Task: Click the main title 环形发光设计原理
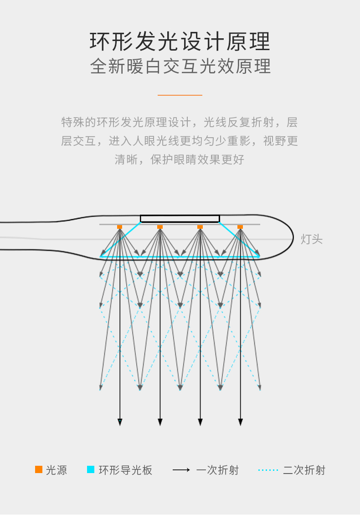(180, 42)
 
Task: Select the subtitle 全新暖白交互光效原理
(180, 67)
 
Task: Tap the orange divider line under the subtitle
(180, 95)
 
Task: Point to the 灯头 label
(312, 239)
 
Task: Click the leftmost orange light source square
(120, 227)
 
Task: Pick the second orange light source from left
(160, 227)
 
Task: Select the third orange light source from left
(200, 227)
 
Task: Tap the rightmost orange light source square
(240, 227)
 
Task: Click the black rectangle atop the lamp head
(180, 219)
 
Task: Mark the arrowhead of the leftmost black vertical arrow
(120, 422)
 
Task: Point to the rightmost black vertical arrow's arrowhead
(240, 422)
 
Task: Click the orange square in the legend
(39, 469)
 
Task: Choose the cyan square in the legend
(91, 469)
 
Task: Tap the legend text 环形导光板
(126, 470)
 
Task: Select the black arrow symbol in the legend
(181, 470)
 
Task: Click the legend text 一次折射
(217, 470)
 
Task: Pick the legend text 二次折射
(304, 470)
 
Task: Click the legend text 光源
(57, 470)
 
